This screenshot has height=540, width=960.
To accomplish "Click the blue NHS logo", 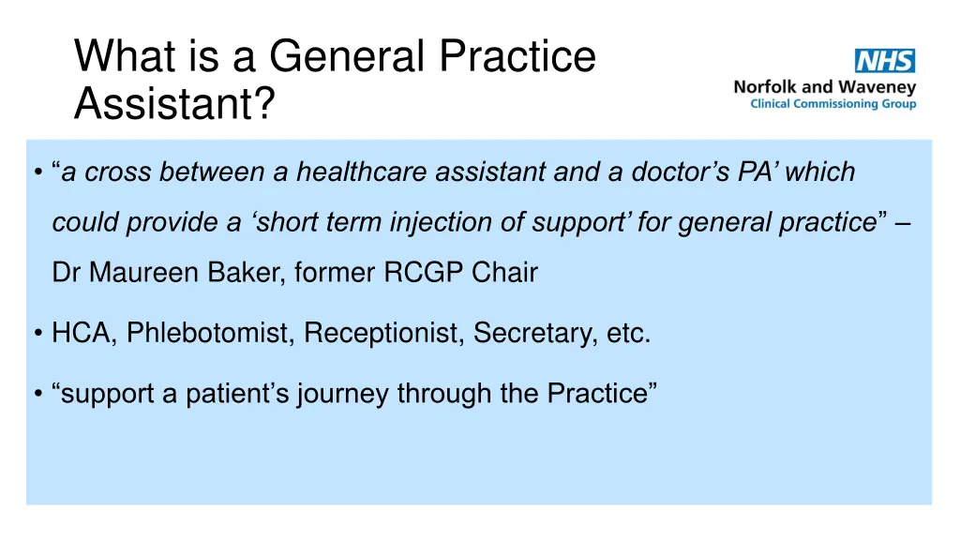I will click(x=884, y=61).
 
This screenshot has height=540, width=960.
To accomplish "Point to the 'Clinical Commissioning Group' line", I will click(x=833, y=104).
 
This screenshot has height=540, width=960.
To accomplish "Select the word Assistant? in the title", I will click(x=174, y=104).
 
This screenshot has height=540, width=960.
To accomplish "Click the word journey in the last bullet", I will click(x=343, y=394).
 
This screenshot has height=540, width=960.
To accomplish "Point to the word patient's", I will click(x=238, y=394).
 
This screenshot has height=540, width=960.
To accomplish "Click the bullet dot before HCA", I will click(x=37, y=334).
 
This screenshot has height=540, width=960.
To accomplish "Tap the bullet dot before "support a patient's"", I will click(x=37, y=395).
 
